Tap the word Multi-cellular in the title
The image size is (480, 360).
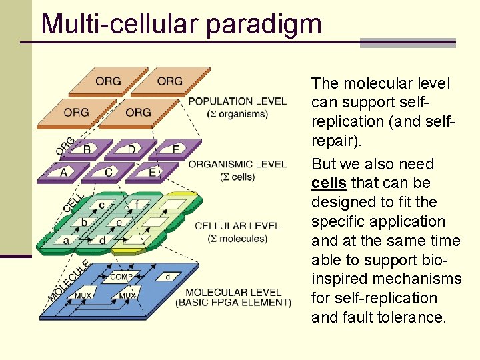120,24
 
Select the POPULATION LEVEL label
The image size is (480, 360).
237,101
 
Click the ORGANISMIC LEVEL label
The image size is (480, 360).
237,164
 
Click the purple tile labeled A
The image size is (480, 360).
63,173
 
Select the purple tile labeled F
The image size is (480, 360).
175,149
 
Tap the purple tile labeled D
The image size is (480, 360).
131,149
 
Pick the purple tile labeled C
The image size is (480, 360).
108,173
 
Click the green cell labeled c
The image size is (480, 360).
101,205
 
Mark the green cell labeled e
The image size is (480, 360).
119,222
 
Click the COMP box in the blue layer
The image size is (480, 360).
121,277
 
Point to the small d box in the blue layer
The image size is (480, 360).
167,276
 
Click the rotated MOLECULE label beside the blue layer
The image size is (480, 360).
69,280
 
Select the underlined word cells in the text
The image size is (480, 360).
328,183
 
